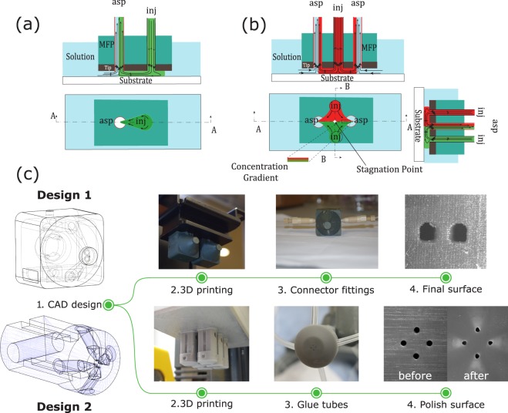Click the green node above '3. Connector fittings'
click(x=320, y=277)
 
